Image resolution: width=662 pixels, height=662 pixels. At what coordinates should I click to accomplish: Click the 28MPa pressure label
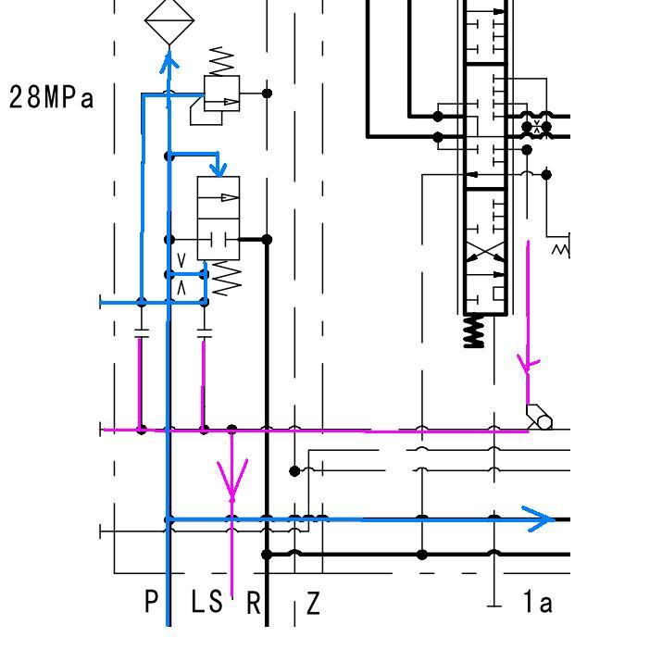[51, 97]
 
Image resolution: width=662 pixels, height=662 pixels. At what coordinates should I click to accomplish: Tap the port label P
[151, 601]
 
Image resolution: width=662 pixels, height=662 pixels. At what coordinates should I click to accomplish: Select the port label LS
[206, 601]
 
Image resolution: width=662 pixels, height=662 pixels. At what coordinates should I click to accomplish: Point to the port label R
[253, 603]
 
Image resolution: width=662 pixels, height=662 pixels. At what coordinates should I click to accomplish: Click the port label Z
[313, 603]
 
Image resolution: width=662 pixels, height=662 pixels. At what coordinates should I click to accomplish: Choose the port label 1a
[537, 601]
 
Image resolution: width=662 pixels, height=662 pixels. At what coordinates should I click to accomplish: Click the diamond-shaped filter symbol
[169, 20]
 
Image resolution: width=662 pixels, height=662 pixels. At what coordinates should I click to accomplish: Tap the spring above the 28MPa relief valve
[221, 62]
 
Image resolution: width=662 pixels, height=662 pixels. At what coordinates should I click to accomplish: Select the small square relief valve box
[221, 94]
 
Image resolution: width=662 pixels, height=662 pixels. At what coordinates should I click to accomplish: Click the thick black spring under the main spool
[474, 331]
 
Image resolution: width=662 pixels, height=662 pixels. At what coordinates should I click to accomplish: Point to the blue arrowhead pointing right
[538, 518]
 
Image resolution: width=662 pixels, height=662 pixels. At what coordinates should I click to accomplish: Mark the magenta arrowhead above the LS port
[231, 480]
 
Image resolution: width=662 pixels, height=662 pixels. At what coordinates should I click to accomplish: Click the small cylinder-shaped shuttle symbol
[539, 418]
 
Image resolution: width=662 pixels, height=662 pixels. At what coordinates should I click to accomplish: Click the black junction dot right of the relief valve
[267, 94]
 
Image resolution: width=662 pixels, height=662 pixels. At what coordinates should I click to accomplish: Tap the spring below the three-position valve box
[227, 278]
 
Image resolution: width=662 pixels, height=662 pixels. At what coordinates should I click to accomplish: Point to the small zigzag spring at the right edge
[561, 250]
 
